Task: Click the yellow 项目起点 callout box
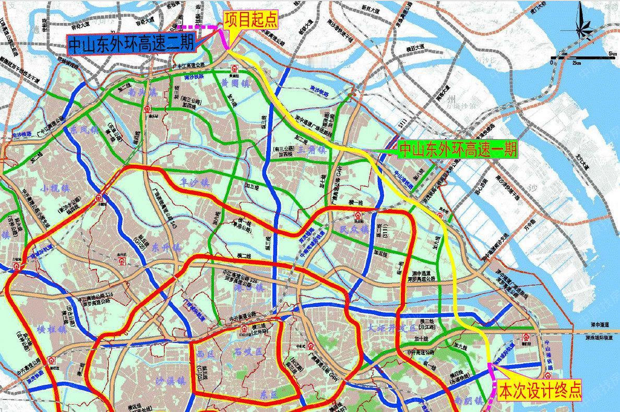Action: click(251, 20)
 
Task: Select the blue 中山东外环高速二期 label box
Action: click(130, 44)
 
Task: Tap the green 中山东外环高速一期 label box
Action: click(458, 150)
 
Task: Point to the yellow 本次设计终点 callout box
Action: click(539, 391)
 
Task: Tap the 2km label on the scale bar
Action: click(577, 63)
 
